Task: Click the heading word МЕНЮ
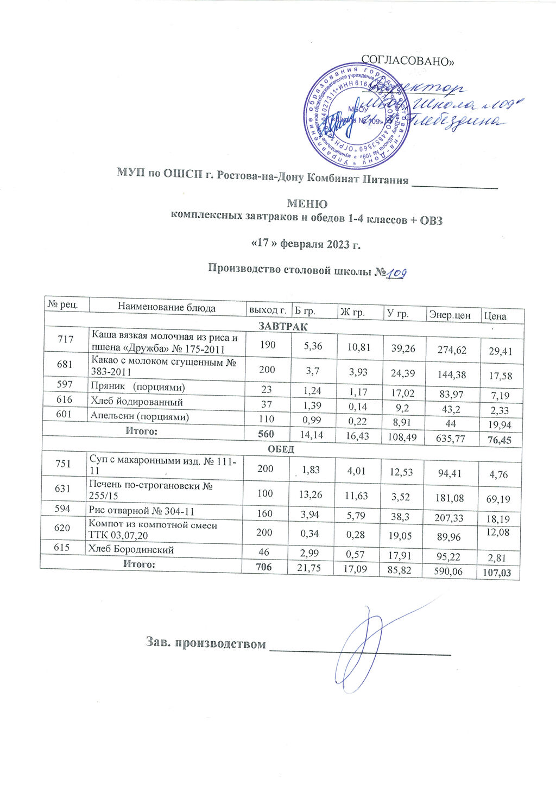coord(307,204)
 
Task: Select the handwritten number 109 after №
coord(397,275)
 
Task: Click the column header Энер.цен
coord(449,314)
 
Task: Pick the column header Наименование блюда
coord(167,308)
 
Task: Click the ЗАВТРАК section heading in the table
coord(282,327)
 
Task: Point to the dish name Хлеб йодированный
coord(136,402)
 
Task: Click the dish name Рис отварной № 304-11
coord(141,511)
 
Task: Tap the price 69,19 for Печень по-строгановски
coord(498,497)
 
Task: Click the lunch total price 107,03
coord(496,573)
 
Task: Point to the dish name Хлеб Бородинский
coord(131,549)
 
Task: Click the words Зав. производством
coord(206,643)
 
